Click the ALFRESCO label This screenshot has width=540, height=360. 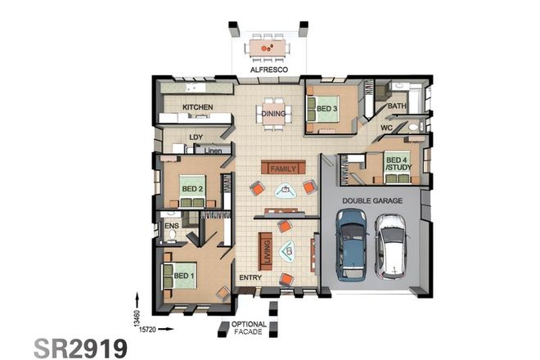268,71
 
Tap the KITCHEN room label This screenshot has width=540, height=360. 197,107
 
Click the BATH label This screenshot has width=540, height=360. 397,106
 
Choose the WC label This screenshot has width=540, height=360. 386,128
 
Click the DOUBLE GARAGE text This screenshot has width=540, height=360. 373,200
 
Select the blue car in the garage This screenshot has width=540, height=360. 352,244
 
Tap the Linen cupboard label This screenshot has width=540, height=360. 213,151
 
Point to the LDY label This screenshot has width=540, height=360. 196,137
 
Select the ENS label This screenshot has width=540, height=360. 172,225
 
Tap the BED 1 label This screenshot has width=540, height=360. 185,276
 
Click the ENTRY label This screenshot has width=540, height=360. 250,278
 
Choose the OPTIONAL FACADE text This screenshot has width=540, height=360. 248,328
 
